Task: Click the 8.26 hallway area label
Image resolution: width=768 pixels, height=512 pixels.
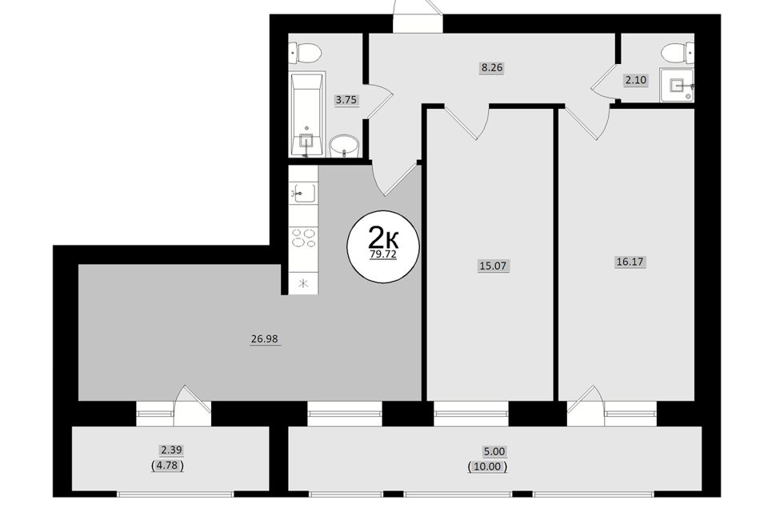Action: (492, 68)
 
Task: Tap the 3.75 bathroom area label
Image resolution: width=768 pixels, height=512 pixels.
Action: (346, 100)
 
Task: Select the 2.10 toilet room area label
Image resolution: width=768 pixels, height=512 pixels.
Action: (635, 80)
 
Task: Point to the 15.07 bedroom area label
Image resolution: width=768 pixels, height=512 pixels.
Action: (494, 266)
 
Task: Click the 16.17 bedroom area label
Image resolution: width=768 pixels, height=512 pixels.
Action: (630, 262)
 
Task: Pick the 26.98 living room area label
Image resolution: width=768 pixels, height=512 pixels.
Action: (265, 339)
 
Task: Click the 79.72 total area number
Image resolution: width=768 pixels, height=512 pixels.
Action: (383, 254)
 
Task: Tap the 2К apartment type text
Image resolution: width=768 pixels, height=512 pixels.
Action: (383, 238)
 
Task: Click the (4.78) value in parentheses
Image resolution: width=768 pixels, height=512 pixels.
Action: (168, 466)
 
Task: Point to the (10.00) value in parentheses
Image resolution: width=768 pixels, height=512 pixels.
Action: (487, 466)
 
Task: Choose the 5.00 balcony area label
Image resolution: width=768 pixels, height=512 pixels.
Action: (494, 451)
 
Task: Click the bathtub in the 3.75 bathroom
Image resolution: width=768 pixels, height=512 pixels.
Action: (307, 115)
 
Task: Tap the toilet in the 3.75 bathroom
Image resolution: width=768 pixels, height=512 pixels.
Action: (305, 53)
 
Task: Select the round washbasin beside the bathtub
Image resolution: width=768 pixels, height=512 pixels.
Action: (344, 146)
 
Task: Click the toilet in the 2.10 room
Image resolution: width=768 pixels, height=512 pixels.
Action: (678, 52)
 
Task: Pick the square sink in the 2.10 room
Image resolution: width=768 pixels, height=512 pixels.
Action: (677, 85)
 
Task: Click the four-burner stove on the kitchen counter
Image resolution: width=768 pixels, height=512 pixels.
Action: (304, 238)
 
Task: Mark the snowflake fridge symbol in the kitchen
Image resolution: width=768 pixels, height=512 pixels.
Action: (304, 283)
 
